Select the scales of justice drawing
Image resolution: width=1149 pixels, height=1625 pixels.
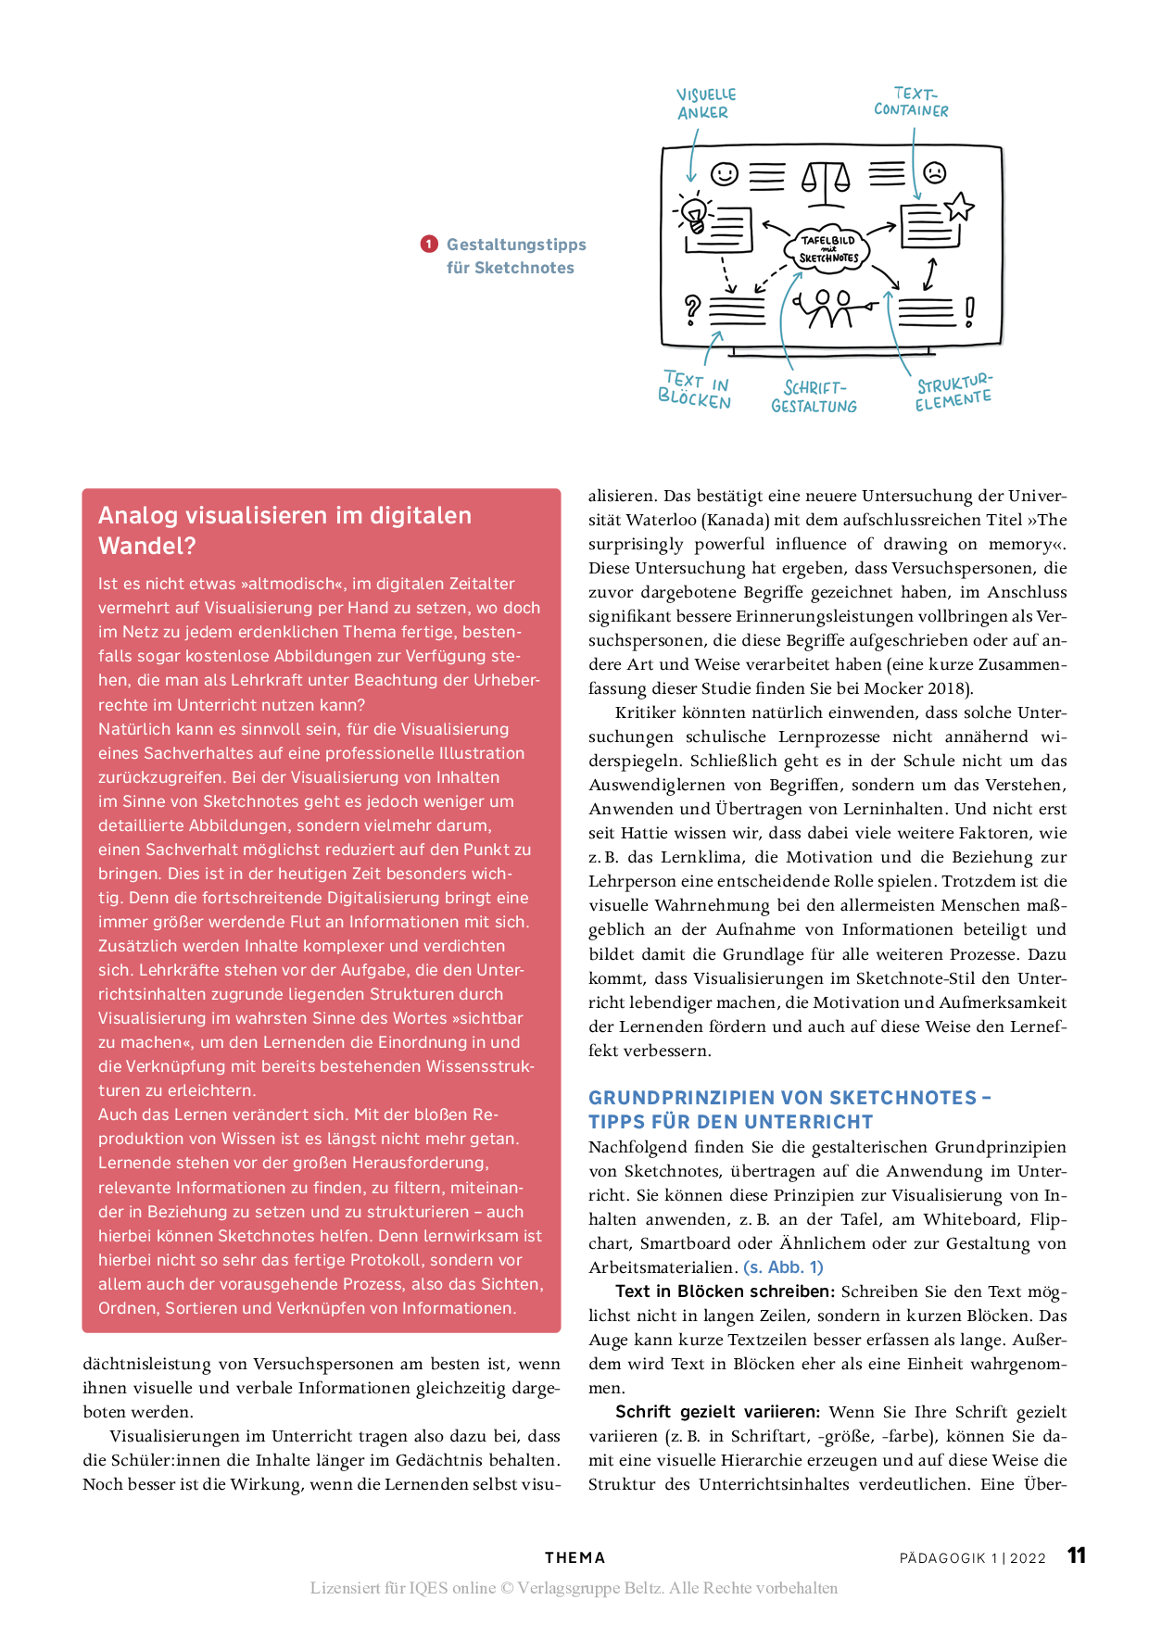(825, 181)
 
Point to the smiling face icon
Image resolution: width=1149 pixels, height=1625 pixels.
(725, 174)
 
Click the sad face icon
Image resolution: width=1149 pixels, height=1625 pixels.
(934, 172)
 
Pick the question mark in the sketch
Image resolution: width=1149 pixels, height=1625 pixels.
(691, 309)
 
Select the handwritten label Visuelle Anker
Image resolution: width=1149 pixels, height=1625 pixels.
(705, 104)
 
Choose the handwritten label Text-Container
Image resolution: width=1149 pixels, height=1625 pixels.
(912, 102)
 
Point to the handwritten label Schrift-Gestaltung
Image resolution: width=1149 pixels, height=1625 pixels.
(814, 397)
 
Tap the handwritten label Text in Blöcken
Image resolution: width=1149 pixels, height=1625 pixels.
(695, 390)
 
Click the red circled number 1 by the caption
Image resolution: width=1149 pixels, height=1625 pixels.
(429, 244)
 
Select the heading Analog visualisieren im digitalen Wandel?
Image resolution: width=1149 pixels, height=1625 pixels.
(285, 530)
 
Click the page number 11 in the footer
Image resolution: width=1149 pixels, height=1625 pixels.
(1076, 1556)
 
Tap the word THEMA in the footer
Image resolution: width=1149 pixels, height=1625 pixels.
(574, 1557)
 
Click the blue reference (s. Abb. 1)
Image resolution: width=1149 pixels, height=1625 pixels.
(783, 1266)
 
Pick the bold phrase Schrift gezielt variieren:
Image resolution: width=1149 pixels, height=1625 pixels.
(717, 1412)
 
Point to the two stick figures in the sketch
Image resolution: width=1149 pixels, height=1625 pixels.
(832, 309)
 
